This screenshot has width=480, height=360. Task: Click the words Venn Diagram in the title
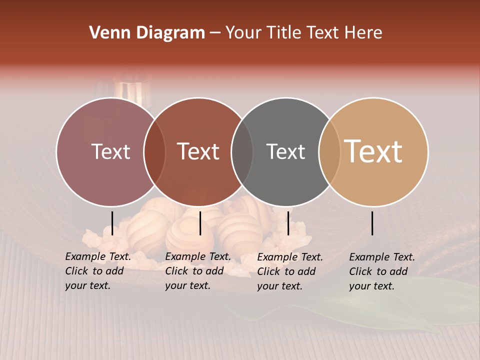tap(147, 33)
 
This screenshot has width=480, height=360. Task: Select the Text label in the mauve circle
tap(110, 152)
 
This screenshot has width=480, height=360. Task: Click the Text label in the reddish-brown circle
tap(198, 152)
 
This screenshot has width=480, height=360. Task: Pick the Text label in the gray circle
tap(285, 152)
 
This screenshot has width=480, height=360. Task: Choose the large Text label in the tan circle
tap(373, 151)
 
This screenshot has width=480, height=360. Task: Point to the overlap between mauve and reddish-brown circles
tap(154, 152)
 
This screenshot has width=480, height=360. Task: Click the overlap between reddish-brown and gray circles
tap(242, 152)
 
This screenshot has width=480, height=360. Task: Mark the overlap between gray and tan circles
tap(329, 152)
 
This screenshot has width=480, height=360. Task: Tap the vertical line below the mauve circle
tap(112, 223)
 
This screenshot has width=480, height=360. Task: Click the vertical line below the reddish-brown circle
tap(200, 223)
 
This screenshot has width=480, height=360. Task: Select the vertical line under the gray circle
tap(288, 223)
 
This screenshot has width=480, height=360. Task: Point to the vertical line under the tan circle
tap(372, 223)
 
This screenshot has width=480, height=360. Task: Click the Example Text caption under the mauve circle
tap(97, 271)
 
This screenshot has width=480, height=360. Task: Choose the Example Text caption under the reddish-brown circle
tap(197, 271)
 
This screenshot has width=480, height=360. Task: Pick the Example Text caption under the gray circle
tap(289, 271)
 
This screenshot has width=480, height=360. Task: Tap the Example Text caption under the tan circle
tap(381, 271)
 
